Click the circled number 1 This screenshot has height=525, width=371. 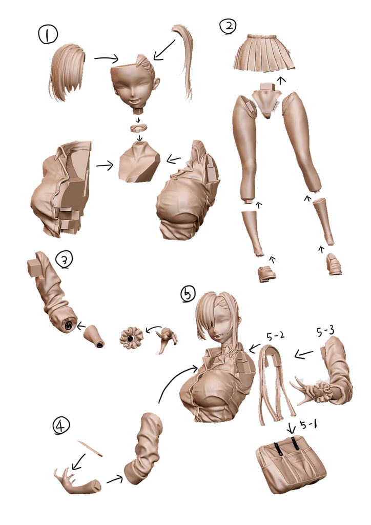coord(48,35)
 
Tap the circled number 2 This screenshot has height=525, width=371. coord(228,26)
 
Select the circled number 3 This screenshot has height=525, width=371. coord(64,260)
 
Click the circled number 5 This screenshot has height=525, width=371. coord(188,294)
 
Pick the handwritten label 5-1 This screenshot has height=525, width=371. coord(308,425)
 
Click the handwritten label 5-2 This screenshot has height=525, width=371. coord(275,336)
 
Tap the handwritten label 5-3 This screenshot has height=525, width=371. coord(325,332)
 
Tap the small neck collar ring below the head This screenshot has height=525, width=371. coord(140,128)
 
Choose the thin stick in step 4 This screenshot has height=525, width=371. coord(90,448)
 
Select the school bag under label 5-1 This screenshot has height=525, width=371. coord(291,462)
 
